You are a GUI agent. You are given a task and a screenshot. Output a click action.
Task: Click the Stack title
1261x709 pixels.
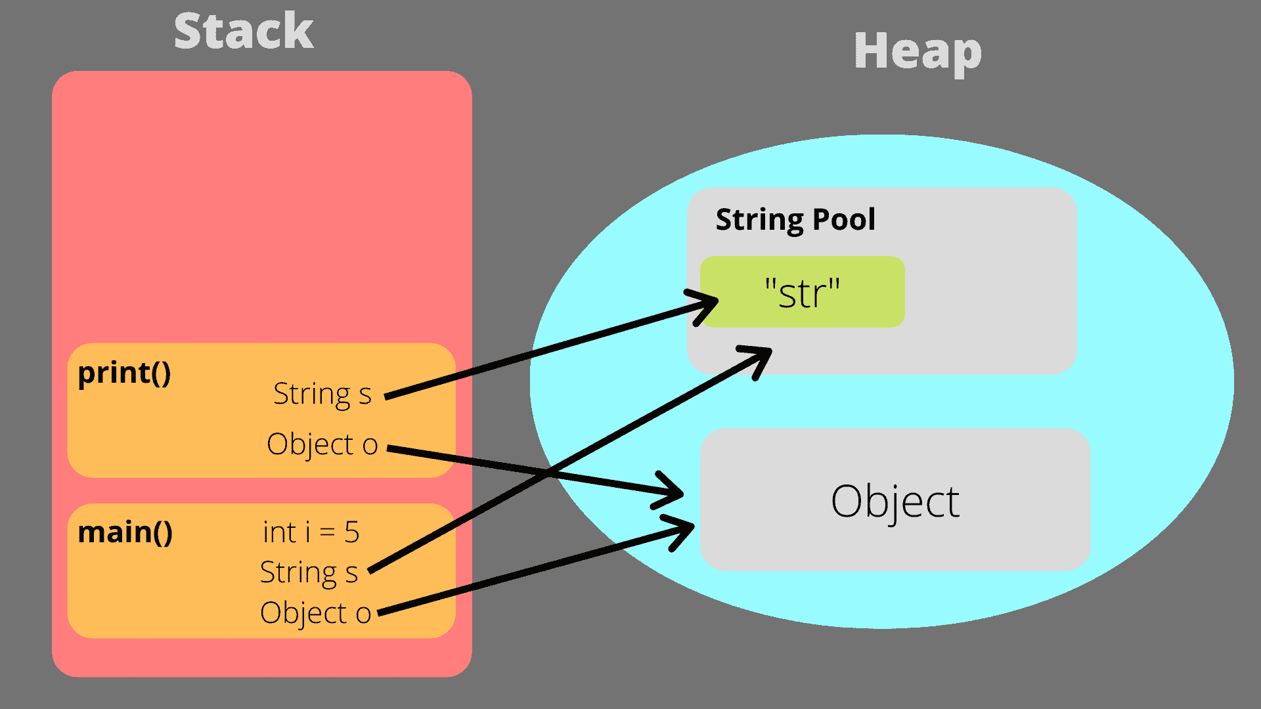[x=244, y=32]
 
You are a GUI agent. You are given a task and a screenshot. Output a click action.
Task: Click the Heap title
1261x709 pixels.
[x=918, y=51]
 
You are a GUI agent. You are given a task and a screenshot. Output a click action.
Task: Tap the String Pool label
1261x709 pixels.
[x=795, y=219]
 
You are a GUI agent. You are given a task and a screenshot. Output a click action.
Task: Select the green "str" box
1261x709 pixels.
[x=802, y=292]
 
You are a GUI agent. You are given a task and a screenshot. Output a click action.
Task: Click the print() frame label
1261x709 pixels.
[x=124, y=373]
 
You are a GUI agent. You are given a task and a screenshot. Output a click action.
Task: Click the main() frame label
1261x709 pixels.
[x=125, y=532]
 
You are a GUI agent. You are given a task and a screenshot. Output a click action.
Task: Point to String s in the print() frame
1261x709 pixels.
[x=322, y=394]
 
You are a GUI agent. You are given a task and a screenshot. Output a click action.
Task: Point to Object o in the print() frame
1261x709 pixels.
[x=322, y=444]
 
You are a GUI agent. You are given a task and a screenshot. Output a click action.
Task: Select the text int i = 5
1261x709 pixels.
[x=311, y=532]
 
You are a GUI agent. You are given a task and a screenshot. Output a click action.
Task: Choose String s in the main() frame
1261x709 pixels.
[x=309, y=572]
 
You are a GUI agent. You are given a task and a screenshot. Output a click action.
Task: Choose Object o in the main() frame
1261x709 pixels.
[x=315, y=613]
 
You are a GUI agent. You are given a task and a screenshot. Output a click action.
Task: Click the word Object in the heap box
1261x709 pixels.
[x=895, y=502]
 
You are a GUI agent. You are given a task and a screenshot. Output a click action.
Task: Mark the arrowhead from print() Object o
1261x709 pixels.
[x=673, y=492]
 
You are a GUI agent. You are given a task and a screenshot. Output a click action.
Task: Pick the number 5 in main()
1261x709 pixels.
[x=351, y=532]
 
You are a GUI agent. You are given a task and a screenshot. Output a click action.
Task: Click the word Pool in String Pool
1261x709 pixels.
[x=843, y=219]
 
